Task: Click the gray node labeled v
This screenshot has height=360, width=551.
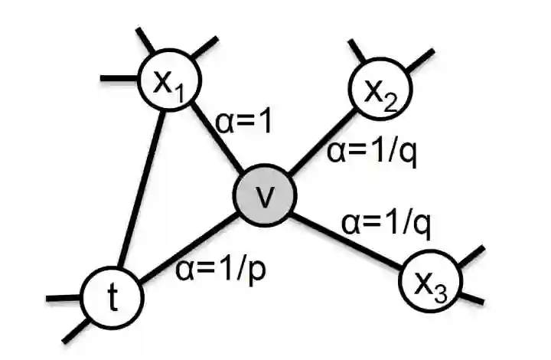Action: [265, 198]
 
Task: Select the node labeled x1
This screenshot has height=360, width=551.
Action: [166, 82]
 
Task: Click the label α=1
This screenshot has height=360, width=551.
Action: [244, 122]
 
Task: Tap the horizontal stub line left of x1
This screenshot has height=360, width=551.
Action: [119, 77]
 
